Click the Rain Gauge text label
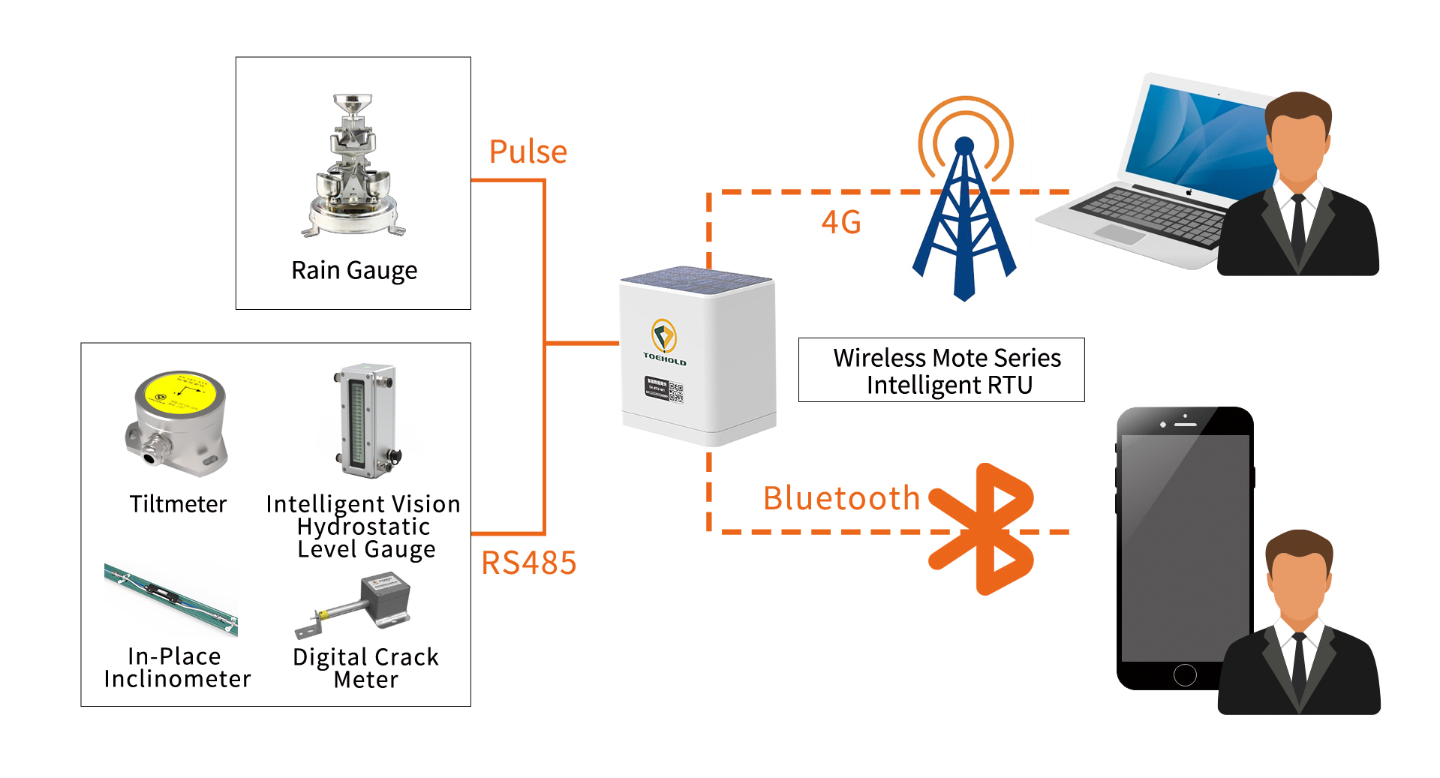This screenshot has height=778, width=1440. coord(353,270)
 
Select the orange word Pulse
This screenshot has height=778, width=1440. coord(528,152)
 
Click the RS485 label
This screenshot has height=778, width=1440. coord(528,563)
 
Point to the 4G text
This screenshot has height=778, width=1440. coord(840,222)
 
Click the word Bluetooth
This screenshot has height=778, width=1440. coord(841,498)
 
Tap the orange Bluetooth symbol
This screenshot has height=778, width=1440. coord(984,530)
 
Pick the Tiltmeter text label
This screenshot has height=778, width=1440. coord(178,504)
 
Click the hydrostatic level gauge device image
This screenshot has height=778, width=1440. coord(365,421)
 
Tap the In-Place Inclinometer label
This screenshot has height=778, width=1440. coord(177,667)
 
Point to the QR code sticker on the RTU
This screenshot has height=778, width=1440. coord(675,392)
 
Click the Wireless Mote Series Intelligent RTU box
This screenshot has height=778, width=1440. coord(941,371)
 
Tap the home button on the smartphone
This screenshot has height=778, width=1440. coord(1184,674)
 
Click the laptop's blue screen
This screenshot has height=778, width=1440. coord(1201,143)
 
